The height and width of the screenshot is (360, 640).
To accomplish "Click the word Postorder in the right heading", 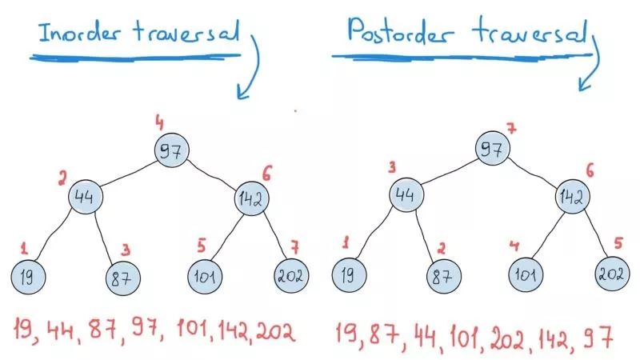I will click(x=394, y=31).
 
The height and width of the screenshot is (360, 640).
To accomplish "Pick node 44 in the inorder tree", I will click(x=85, y=197).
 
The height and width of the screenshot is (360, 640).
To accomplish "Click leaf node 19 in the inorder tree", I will click(x=27, y=276).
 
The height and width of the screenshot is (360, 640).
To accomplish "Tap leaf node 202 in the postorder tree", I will click(x=611, y=274).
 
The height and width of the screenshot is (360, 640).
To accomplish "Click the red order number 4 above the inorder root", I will click(x=159, y=122).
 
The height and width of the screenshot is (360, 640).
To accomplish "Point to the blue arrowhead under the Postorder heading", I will click(x=585, y=83).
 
